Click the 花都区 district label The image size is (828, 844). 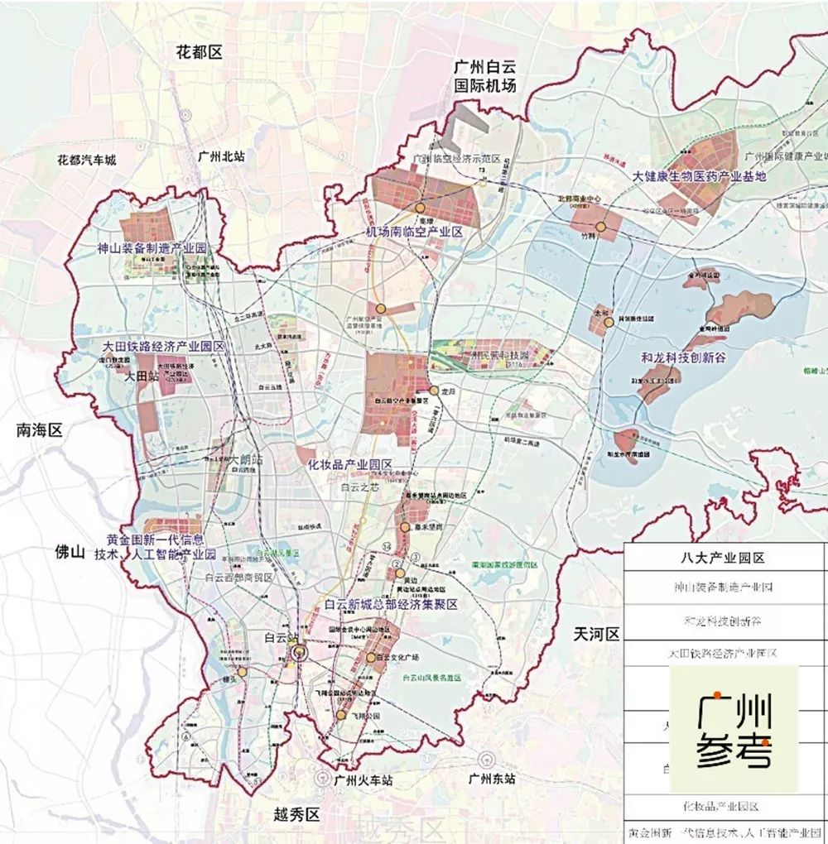point(200,52)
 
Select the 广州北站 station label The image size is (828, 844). point(221,156)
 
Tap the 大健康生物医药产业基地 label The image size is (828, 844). point(700,176)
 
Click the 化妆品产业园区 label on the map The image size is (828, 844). point(349,464)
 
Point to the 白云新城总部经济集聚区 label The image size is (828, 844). point(392,606)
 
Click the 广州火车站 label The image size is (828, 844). point(359,779)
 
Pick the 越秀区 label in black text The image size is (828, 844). point(296,816)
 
